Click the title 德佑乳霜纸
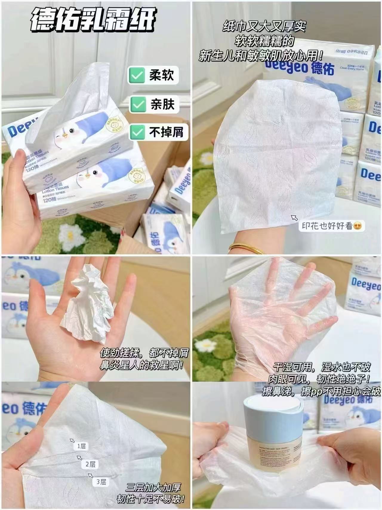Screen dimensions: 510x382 (x=93, y=20)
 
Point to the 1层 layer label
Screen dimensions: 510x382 (x=81, y=446)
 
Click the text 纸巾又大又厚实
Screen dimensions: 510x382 (x=264, y=27)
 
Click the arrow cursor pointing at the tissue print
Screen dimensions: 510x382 (x=294, y=218)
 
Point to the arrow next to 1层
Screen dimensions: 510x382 (x=72, y=440)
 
